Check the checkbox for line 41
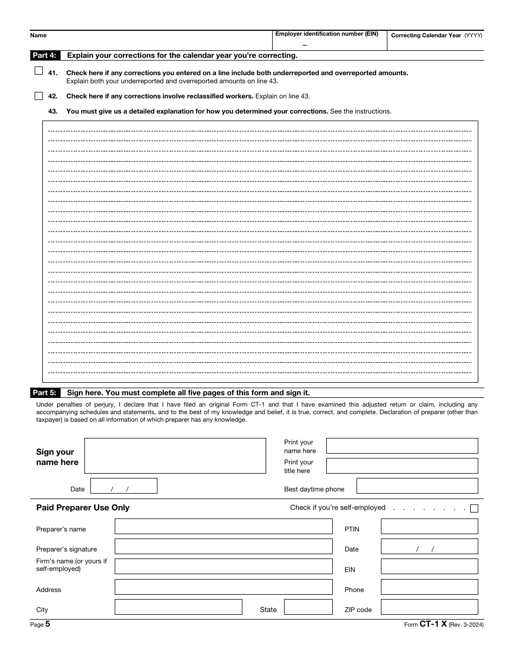coord(38,71)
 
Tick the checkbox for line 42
coord(38,96)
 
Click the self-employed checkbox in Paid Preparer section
coord(474,508)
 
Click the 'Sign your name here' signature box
coord(175,456)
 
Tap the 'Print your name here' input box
coord(402,446)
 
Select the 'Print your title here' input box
coord(402,466)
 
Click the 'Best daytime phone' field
coord(417,486)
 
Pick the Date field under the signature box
coord(124,486)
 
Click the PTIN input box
coord(429,527)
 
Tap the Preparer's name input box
coord(223,527)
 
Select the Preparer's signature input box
coord(223,547)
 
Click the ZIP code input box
coord(429,607)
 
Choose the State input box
coord(308,607)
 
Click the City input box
coord(178,607)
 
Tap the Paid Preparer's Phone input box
coord(429,587)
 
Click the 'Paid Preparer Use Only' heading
coord(83,508)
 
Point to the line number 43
coord(53,111)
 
